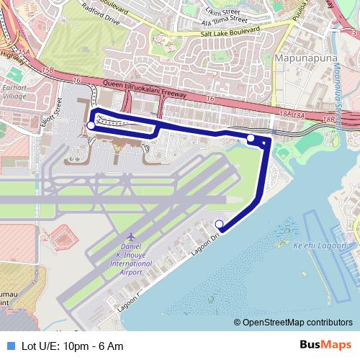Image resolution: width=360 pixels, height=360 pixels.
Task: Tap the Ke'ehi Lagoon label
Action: pyautogui.click(x=322, y=246)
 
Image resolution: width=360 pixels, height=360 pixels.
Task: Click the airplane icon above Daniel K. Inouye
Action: pyautogui.click(x=130, y=236)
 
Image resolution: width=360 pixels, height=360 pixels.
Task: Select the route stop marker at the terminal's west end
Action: pyautogui.click(x=91, y=125)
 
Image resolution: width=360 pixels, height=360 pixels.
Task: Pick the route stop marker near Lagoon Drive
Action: pyautogui.click(x=220, y=223)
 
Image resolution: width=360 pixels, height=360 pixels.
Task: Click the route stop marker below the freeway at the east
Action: pyautogui.click(x=251, y=138)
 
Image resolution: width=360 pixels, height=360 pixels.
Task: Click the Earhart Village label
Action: pyautogui.click(x=14, y=91)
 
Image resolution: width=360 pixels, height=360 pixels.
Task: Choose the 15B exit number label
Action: pyautogui.click(x=48, y=70)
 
